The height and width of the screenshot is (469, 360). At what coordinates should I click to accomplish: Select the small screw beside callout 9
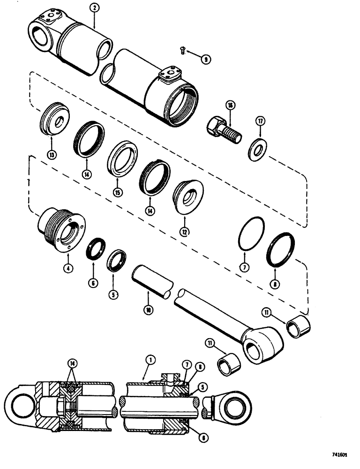coord(183,50)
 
